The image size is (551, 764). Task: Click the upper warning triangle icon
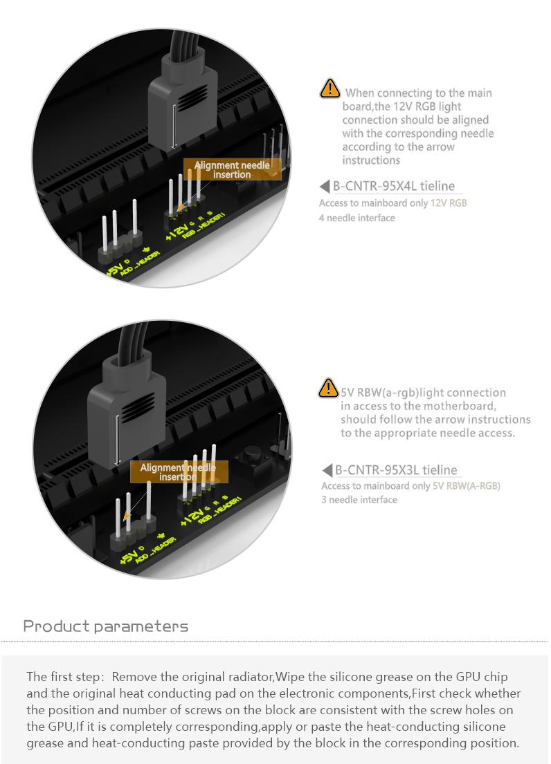330,88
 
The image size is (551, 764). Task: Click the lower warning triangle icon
328,388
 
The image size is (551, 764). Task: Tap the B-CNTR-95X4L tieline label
394,186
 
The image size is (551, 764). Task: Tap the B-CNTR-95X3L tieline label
396,470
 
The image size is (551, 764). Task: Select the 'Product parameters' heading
106,626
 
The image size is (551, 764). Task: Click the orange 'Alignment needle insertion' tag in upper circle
232,169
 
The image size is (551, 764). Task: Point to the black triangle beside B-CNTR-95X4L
325,186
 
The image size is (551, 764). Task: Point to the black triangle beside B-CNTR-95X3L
327,470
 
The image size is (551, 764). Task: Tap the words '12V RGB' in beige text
449,203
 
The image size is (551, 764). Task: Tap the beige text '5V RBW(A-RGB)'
466,486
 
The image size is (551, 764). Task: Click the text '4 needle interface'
357,218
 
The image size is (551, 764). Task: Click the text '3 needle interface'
359,500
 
